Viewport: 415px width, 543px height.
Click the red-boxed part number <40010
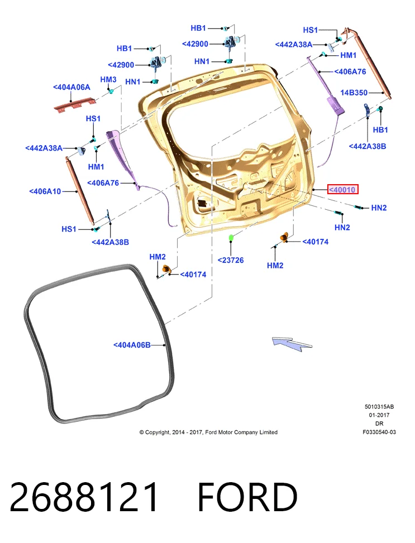pos(342,189)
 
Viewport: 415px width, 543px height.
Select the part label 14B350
pos(354,93)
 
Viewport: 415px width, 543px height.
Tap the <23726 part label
pos(231,260)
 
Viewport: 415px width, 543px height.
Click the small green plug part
pos(231,238)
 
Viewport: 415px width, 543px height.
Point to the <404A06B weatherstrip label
pos(132,345)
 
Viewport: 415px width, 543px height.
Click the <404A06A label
pos(71,87)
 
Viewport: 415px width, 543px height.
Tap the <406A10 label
pos(45,191)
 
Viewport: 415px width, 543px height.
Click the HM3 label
pos(108,80)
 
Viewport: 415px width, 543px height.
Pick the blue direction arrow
pos(292,344)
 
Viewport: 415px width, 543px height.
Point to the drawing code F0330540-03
pos(379,432)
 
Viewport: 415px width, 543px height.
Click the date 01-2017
pos(379,415)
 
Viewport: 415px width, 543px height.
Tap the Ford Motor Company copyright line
pos(208,432)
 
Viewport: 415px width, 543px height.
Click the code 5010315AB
pos(379,407)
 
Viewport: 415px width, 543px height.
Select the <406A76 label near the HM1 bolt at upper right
pos(350,71)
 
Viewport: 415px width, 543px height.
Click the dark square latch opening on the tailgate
pos(202,203)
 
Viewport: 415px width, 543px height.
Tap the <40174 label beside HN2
pos(315,242)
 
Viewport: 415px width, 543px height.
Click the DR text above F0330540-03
pos(379,424)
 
